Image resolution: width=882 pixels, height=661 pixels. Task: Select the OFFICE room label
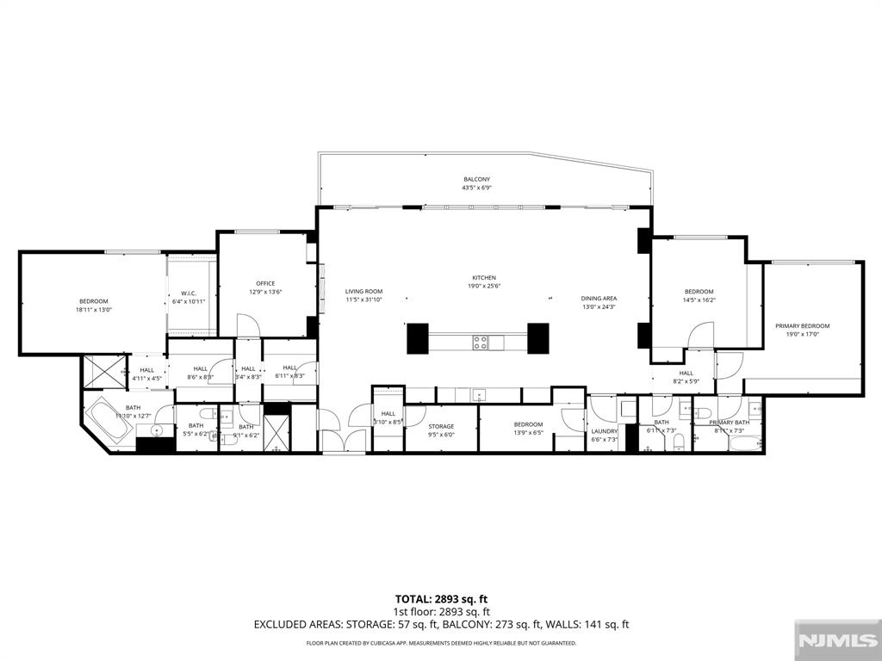(x=264, y=283)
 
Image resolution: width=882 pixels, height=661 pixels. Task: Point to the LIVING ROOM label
(x=363, y=291)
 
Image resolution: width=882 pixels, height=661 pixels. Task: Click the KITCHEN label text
(x=483, y=277)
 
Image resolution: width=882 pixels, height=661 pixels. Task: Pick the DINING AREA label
(x=599, y=299)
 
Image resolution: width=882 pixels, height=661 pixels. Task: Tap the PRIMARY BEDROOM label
(x=802, y=325)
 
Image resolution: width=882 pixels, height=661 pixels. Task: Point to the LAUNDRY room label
(x=604, y=431)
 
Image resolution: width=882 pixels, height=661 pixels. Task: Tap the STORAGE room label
(x=441, y=426)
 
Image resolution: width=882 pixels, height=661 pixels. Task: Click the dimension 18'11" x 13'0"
(x=94, y=310)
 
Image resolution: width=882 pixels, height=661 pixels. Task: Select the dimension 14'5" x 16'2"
(x=699, y=300)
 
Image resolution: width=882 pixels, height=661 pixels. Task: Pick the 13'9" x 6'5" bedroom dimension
(x=528, y=434)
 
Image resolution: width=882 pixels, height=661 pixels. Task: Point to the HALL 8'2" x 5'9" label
(x=686, y=377)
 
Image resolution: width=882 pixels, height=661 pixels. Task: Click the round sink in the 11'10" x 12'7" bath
(x=158, y=429)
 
